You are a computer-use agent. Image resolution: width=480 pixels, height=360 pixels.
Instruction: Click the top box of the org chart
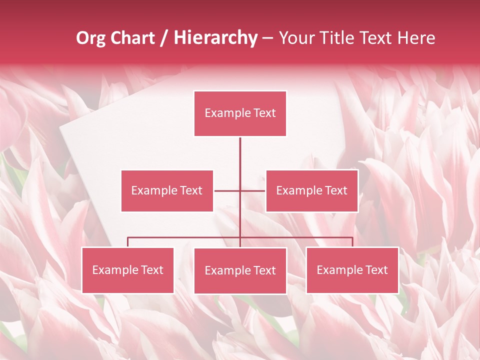240,113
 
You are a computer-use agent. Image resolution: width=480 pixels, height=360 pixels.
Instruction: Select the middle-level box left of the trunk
167,190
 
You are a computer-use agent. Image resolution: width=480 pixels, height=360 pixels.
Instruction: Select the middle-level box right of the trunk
311,190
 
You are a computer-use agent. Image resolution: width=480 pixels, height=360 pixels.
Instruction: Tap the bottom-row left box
128,270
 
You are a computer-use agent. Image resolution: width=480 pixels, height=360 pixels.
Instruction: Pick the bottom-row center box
240,270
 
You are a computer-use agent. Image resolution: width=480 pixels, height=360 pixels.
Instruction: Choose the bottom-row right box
352,270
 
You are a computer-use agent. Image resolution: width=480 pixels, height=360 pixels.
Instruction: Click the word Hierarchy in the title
215,38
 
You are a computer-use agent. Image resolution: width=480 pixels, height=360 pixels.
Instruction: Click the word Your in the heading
297,38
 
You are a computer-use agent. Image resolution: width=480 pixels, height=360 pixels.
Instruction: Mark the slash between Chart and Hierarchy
164,38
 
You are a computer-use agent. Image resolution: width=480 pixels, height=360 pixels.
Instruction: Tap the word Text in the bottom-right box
376,270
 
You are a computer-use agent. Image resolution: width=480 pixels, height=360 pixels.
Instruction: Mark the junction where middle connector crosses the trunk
240,190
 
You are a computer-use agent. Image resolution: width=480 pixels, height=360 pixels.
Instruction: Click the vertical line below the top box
240,155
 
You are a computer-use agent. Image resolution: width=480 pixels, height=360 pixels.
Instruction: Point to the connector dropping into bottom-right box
352,242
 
